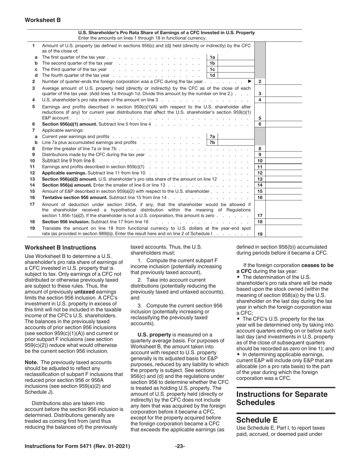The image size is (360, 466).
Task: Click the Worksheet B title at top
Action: [x=42, y=20]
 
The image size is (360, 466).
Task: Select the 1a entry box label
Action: [x=212, y=57]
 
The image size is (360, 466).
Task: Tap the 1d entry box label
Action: [x=212, y=75]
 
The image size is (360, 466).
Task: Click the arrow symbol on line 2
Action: [x=249, y=81]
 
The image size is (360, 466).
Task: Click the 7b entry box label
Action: [x=212, y=142]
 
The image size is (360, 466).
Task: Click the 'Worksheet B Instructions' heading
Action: [x=60, y=247]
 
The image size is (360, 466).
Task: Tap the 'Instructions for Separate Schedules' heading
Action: [x=282, y=398]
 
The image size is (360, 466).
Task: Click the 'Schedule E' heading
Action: [x=257, y=420]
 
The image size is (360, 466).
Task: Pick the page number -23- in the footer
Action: [x=180, y=446]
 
